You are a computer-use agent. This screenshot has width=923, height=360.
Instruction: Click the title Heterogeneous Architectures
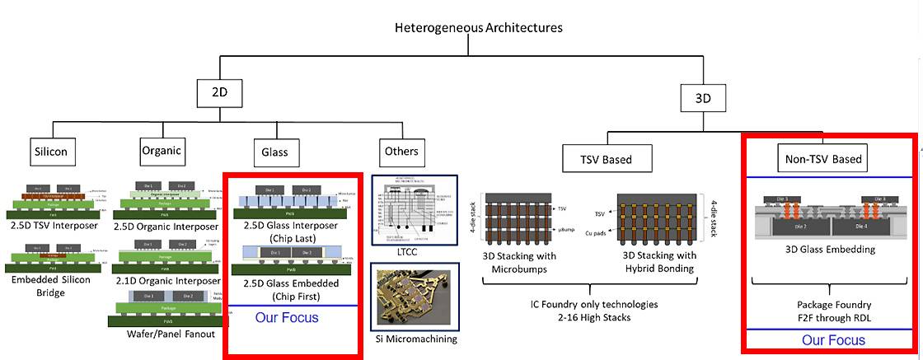click(x=479, y=27)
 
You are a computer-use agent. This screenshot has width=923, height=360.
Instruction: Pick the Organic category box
click(x=161, y=152)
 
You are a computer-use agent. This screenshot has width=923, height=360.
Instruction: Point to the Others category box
click(x=401, y=152)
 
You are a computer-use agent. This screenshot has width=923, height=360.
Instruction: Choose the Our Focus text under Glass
click(x=285, y=317)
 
